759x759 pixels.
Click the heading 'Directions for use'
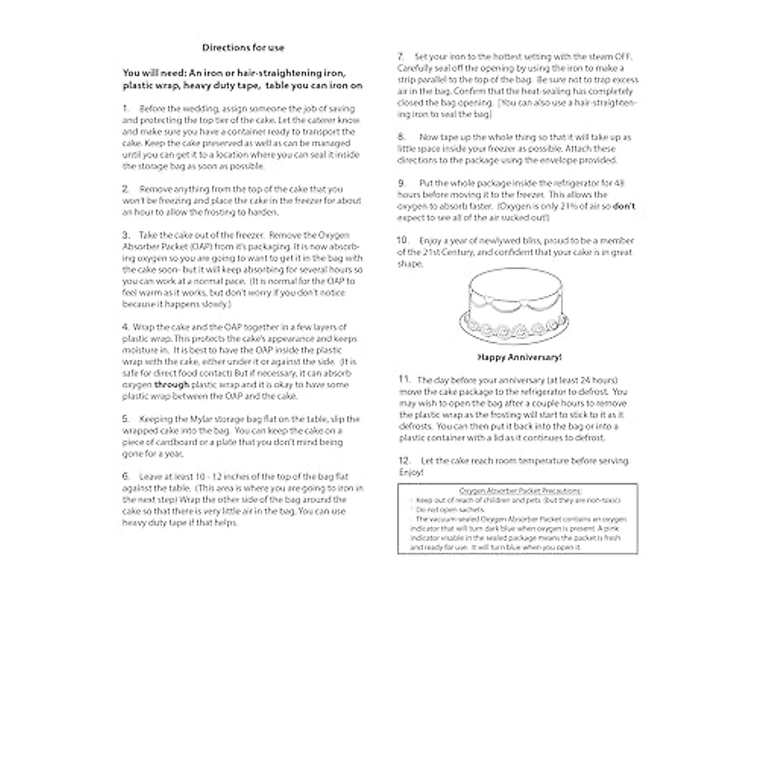(243, 47)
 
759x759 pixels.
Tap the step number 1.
(125, 109)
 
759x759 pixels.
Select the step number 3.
(126, 235)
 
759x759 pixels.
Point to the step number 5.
(126, 419)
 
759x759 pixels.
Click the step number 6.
(126, 476)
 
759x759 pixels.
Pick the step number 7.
(400, 56)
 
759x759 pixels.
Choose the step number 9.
(401, 183)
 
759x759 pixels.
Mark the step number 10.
(403, 240)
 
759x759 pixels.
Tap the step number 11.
(404, 379)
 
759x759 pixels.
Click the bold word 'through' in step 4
(171, 385)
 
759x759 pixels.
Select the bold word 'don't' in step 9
(624, 206)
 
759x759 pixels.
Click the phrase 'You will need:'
(154, 73)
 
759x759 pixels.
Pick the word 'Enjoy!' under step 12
(410, 472)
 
